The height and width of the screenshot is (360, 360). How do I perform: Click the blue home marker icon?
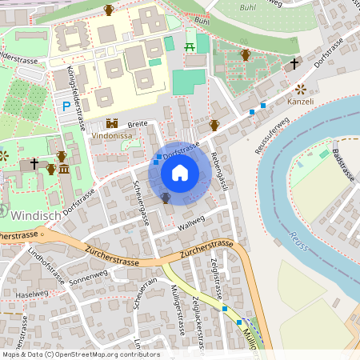point(180,173)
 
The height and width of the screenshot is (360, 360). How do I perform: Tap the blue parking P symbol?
point(66,106)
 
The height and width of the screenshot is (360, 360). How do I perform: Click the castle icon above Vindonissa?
point(112,124)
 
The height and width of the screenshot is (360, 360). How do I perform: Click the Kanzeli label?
point(300,102)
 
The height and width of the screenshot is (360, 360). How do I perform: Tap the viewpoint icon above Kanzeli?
point(301,89)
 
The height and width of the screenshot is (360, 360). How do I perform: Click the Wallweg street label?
point(191,223)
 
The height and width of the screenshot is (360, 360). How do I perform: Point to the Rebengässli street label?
point(219,171)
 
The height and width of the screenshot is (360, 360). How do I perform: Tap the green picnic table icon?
point(190,46)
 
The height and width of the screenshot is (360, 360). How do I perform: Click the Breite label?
point(138,124)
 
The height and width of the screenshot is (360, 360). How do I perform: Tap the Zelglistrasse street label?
point(214,273)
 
